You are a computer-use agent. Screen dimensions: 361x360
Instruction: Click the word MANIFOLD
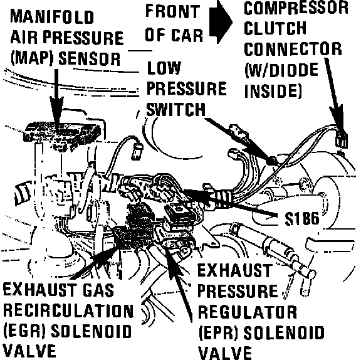52,17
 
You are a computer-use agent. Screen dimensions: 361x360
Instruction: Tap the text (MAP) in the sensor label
32,58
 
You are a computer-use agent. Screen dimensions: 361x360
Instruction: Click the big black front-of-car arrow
221,22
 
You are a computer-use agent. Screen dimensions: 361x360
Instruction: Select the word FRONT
173,11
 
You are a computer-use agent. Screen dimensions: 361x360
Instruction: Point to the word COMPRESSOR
296,8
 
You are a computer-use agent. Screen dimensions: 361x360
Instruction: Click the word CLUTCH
275,28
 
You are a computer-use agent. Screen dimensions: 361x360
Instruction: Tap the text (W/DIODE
281,70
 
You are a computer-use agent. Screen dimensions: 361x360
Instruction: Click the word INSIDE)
273,90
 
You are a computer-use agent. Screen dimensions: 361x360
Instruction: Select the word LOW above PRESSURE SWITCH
164,68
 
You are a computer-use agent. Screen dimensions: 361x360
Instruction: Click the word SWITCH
175,109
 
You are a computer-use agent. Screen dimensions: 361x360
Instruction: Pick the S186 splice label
302,218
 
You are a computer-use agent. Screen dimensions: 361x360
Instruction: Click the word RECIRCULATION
68,310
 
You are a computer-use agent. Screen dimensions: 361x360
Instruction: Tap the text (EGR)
24,331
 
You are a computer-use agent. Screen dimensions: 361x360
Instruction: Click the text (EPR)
218,332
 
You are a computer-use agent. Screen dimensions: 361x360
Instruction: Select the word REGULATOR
248,312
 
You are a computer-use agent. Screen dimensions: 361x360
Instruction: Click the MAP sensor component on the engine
62,135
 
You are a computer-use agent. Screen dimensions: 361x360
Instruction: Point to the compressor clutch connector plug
341,141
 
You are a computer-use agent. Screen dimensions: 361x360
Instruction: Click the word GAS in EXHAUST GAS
98,290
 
